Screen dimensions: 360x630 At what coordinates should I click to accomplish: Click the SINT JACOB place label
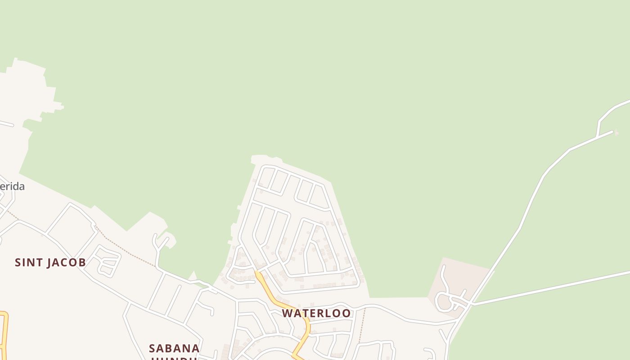(50, 262)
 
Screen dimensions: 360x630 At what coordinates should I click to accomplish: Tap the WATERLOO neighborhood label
(316, 313)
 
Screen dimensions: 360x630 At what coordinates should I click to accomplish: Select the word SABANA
(174, 348)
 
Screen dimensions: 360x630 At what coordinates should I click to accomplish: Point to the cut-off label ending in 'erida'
(12, 186)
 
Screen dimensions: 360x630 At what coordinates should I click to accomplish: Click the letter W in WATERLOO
(287, 313)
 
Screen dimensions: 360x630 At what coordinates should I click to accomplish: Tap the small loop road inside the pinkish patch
(444, 301)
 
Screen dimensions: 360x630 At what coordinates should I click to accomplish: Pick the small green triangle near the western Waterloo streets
(193, 275)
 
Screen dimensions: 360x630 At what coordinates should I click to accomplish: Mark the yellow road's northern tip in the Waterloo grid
(257, 273)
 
